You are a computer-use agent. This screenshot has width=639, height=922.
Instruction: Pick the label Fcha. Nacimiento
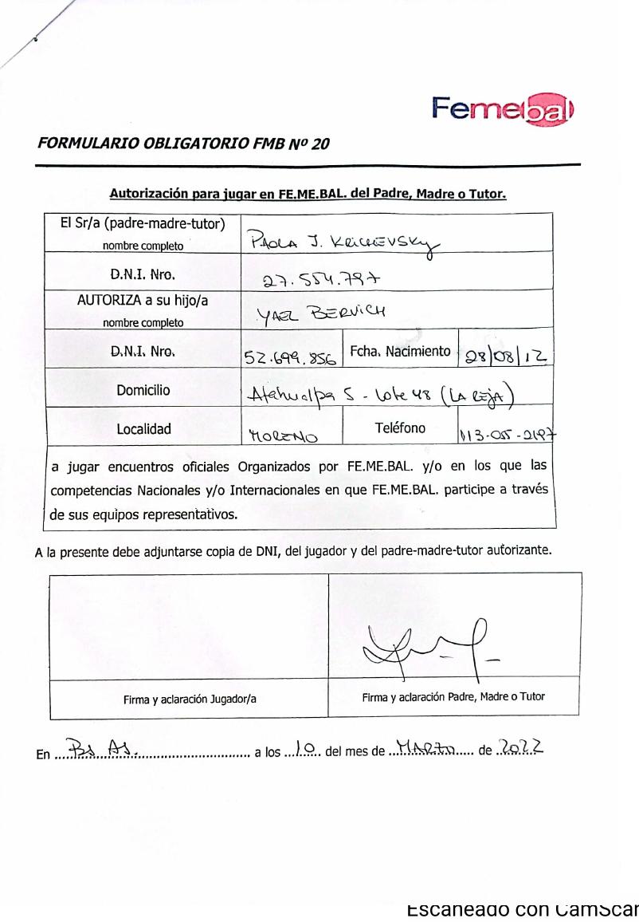[401, 351]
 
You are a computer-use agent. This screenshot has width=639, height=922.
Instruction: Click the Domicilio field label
[144, 391]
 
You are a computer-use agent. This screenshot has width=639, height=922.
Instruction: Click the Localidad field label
[144, 429]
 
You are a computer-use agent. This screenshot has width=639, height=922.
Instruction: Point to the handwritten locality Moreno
[280, 435]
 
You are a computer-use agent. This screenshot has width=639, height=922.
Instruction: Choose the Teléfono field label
[400, 428]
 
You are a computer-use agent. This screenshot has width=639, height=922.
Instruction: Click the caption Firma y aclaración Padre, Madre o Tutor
[453, 696]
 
